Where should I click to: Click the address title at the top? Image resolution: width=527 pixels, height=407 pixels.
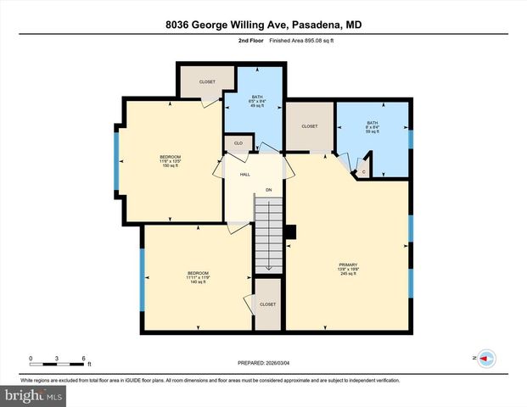[263, 25]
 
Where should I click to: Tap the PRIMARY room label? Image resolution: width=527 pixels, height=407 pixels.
[348, 269]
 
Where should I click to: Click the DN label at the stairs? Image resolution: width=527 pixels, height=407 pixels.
[268, 189]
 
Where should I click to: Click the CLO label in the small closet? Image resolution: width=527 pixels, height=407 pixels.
[238, 143]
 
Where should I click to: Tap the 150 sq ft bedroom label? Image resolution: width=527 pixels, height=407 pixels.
[171, 161]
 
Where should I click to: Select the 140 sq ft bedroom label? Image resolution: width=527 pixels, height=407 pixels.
[198, 276]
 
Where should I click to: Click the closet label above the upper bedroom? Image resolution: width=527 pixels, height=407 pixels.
[207, 82]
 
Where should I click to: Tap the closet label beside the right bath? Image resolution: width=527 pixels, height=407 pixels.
[310, 126]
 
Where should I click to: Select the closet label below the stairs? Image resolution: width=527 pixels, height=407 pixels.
[268, 304]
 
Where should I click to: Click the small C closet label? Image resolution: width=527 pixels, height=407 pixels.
[363, 171]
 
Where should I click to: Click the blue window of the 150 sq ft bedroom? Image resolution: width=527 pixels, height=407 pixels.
[118, 161]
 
